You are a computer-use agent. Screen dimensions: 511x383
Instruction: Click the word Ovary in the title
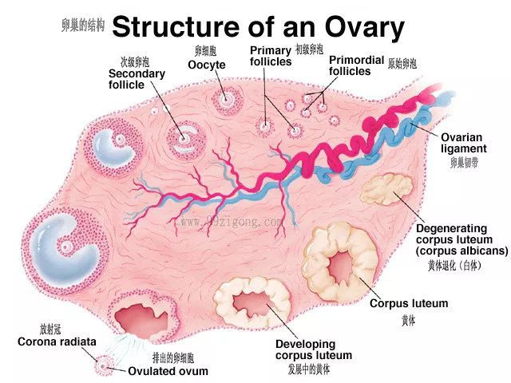pos(365,28)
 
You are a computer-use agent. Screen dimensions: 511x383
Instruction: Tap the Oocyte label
pos(207,65)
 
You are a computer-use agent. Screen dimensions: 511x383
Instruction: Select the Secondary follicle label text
pos(137,79)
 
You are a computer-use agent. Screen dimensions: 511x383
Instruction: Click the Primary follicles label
pos(271,56)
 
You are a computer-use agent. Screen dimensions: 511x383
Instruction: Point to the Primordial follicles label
pos(357,65)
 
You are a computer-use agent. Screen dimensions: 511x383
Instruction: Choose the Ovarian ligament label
pos(464,143)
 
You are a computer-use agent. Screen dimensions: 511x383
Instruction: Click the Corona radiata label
pos(57,342)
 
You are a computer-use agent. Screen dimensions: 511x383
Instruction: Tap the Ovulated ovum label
pos(168,371)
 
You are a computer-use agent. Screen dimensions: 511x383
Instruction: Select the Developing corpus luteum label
pos(314,349)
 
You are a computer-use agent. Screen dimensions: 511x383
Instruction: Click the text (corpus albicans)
pos(461,251)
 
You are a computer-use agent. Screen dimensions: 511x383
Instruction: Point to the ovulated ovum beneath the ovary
pos(104,366)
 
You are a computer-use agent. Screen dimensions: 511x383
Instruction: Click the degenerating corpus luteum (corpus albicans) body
pos(386,189)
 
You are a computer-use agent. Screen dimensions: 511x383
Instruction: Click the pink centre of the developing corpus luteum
pos(252,304)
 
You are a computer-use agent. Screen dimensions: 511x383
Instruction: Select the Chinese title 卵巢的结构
pos(83,25)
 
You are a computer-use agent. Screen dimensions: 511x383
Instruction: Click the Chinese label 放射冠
pos(50,330)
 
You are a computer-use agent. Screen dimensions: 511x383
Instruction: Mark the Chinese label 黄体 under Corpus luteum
pos(408,321)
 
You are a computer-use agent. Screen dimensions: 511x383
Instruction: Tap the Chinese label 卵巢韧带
pos(465,163)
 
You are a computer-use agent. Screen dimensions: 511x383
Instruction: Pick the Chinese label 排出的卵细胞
pos(173,358)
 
